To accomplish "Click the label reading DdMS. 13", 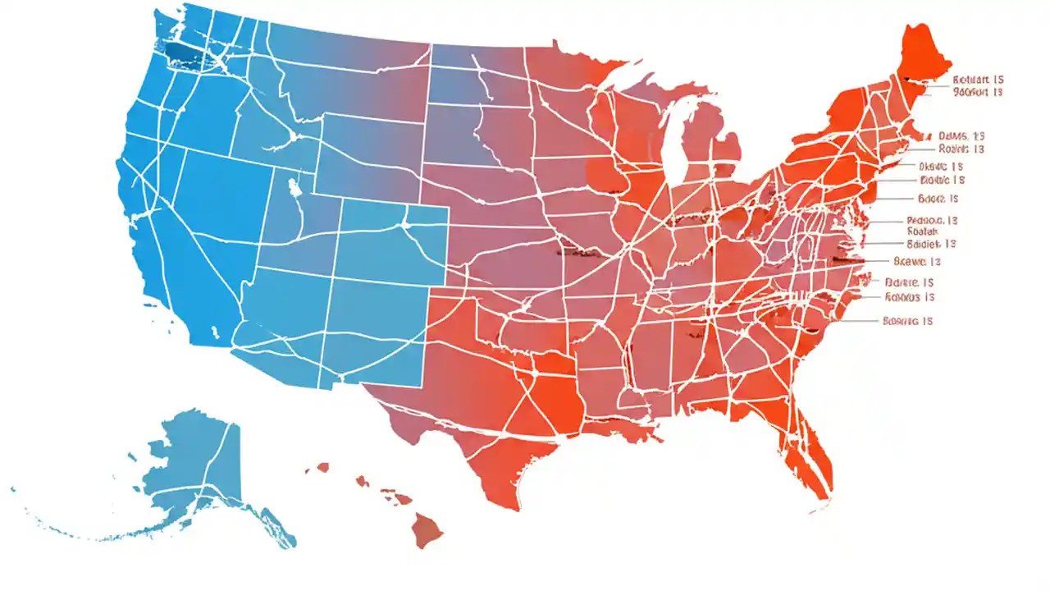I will click(x=961, y=135).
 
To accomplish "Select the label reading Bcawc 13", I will click(x=915, y=262).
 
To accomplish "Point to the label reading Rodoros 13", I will click(x=910, y=297).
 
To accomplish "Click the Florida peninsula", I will click(x=808, y=451).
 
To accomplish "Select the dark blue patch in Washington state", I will click(x=177, y=52).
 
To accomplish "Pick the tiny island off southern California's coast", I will click(x=215, y=333).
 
